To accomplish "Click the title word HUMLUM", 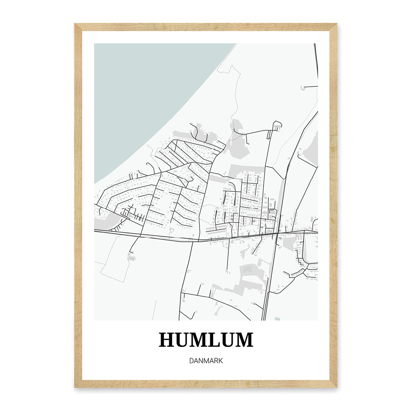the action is [x=206, y=340].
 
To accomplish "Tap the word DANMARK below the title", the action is [x=206, y=361].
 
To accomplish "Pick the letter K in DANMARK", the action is [x=220, y=361].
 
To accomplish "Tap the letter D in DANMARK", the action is [x=191, y=361].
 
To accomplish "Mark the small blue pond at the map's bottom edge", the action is [x=278, y=319].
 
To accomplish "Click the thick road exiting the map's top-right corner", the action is [x=316, y=57].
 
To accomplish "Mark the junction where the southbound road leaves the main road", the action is [x=192, y=241].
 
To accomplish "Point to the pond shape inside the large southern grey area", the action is [x=248, y=269].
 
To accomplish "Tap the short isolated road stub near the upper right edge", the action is [x=310, y=87].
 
